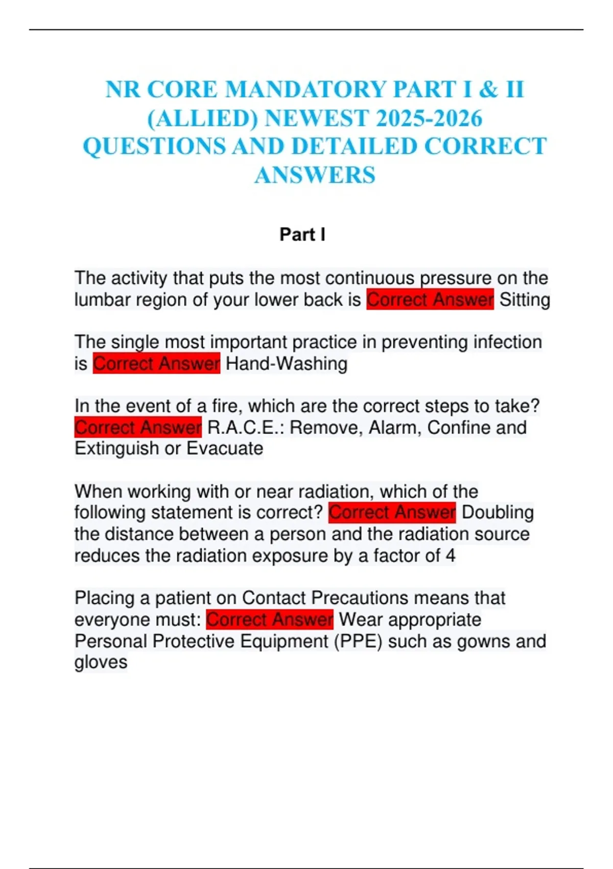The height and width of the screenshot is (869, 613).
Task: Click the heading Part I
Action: click(x=302, y=235)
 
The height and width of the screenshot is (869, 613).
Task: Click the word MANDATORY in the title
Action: click(x=305, y=90)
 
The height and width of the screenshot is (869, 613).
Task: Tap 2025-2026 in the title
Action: click(x=429, y=119)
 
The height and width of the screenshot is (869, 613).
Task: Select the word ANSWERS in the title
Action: click(x=315, y=175)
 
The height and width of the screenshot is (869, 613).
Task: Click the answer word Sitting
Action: click(x=525, y=300)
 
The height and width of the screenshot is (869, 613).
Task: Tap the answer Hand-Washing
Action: click(x=286, y=363)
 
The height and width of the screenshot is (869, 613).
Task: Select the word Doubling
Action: click(x=498, y=512)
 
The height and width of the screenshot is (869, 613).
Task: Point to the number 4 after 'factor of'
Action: click(x=450, y=556)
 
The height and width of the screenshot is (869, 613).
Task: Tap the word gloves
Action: click(x=101, y=662)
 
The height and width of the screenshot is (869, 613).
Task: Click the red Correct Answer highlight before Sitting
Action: click(x=430, y=300)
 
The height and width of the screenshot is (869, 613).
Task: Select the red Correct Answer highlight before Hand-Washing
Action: click(x=156, y=363)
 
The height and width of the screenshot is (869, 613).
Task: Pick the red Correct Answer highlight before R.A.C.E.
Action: click(x=138, y=427)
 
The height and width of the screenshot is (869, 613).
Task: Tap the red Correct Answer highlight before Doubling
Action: click(x=392, y=512)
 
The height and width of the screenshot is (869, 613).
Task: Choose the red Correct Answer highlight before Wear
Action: click(x=270, y=620)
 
